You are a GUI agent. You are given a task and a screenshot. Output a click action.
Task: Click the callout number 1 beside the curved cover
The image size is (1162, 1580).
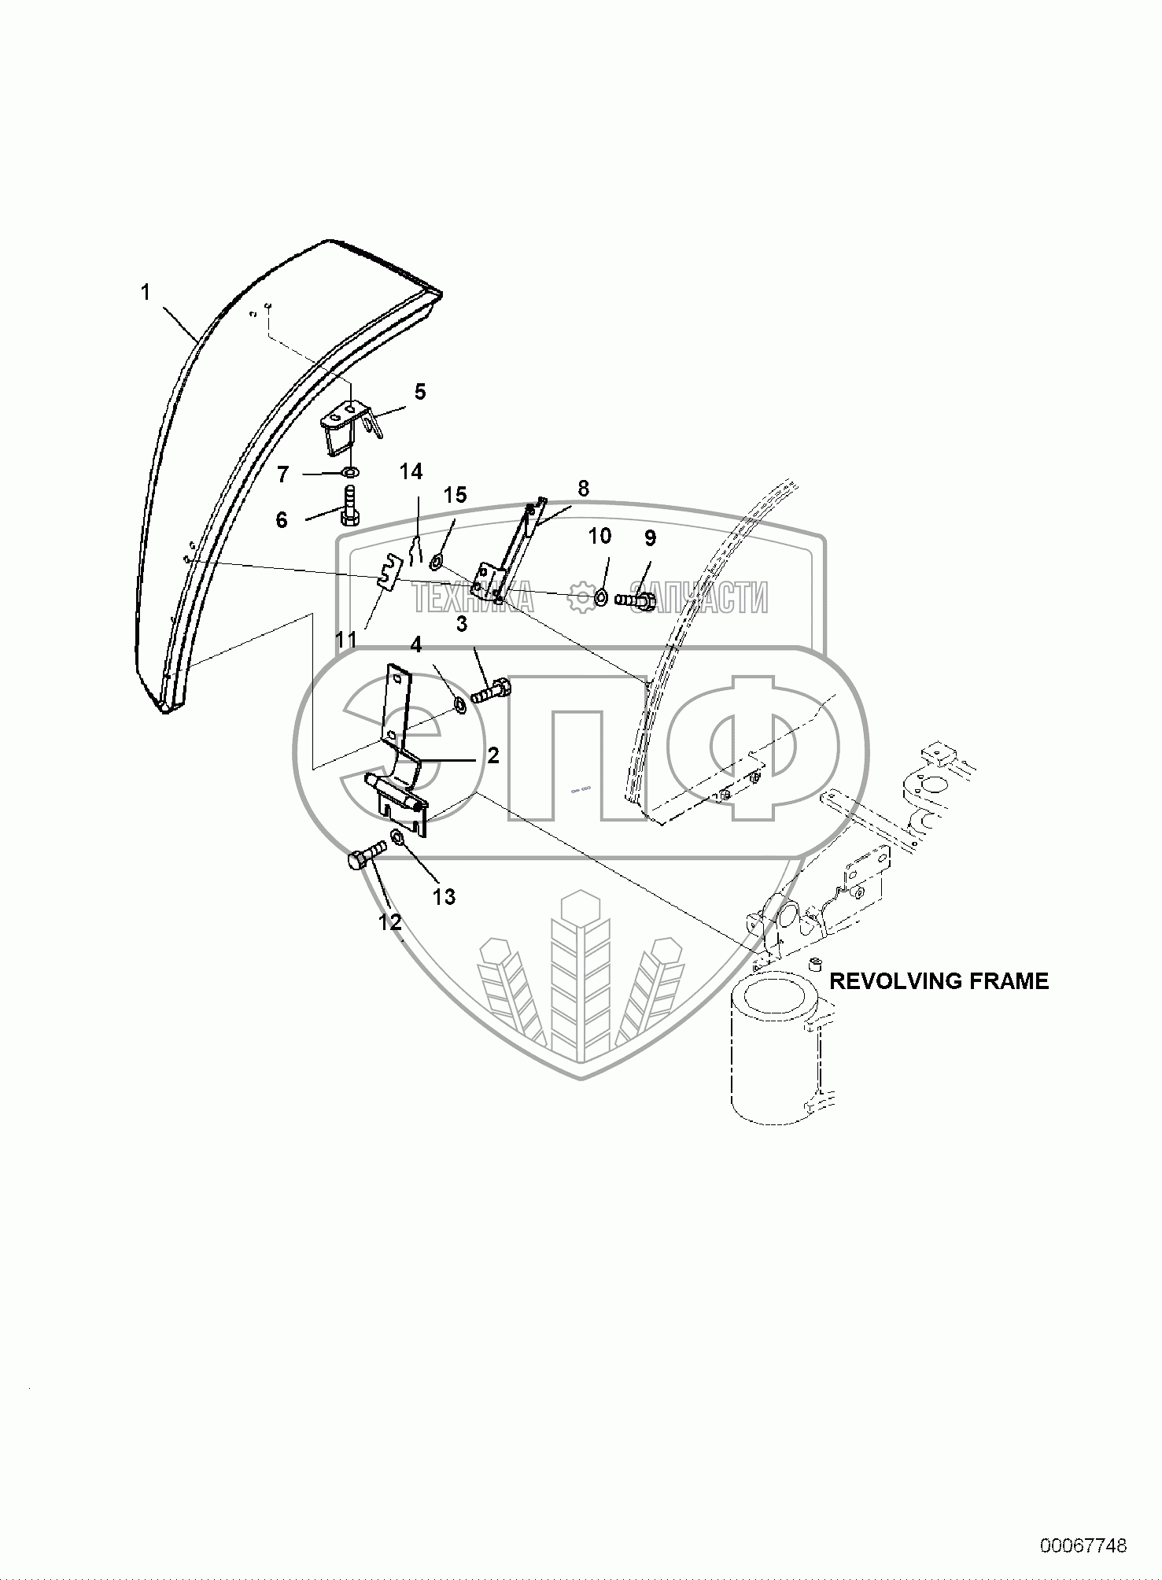(x=145, y=293)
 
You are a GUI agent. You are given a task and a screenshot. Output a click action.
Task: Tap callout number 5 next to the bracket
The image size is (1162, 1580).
(x=420, y=392)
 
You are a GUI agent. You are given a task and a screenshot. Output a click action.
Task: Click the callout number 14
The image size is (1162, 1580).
(x=411, y=472)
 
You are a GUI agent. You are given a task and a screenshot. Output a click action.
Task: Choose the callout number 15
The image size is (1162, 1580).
(x=455, y=495)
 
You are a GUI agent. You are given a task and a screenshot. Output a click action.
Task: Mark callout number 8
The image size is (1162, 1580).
(x=583, y=488)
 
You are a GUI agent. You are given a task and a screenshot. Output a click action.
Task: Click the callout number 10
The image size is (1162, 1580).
(x=599, y=537)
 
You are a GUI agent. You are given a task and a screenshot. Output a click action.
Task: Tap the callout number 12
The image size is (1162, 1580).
(x=391, y=922)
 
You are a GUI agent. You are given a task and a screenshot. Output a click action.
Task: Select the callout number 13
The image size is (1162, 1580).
(x=444, y=896)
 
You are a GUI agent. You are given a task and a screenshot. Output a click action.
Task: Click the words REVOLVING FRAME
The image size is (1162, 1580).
(x=939, y=981)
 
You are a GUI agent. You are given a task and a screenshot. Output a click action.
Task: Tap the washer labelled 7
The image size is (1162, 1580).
(x=349, y=474)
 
